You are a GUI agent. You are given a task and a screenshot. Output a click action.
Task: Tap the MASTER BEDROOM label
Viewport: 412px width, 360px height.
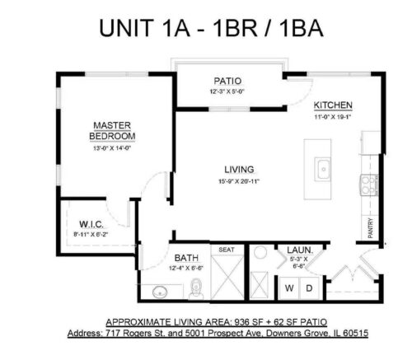pos(113,131)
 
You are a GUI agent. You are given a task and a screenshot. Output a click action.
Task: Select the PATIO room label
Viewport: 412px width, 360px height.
pos(227,81)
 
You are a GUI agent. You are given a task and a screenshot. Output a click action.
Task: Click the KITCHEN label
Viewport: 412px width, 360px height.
pos(333,105)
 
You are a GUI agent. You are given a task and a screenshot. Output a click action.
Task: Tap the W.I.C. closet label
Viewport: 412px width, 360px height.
pos(90,224)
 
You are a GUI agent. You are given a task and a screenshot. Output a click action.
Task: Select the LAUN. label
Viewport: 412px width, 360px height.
pos(297,250)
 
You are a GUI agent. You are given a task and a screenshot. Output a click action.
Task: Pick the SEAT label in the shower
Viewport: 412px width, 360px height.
pos(227,249)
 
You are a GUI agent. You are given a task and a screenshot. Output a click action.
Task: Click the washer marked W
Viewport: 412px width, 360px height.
pos(289,288)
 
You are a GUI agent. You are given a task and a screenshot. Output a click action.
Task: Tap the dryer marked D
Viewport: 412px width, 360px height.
pos(309,288)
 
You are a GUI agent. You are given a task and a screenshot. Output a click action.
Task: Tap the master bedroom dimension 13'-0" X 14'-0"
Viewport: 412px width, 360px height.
pos(113,149)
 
